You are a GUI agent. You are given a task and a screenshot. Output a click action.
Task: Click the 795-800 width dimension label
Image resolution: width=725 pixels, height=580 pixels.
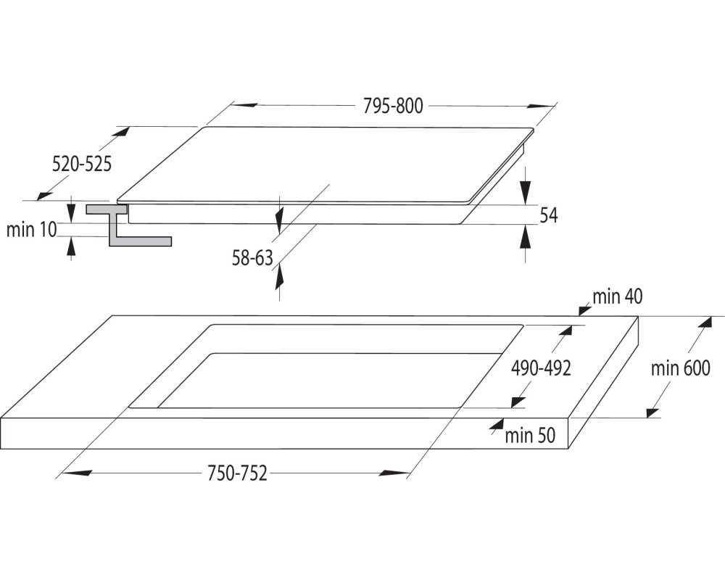click(x=393, y=106)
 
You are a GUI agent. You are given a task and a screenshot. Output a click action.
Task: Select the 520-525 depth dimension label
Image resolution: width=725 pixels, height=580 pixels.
click(x=82, y=164)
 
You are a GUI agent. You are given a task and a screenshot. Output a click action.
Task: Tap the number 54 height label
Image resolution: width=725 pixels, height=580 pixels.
click(x=549, y=215)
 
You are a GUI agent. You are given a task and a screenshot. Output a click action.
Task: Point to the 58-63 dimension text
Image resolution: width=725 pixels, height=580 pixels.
click(x=252, y=258)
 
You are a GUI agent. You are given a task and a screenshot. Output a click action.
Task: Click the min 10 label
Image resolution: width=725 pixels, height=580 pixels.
click(x=31, y=229)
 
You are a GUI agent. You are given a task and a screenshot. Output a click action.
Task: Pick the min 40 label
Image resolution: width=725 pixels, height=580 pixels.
click(x=618, y=297)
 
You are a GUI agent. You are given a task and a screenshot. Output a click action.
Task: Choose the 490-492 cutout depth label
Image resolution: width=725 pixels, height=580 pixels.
click(x=541, y=368)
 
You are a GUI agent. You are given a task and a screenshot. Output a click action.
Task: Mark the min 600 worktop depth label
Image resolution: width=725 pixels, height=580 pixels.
click(x=680, y=368)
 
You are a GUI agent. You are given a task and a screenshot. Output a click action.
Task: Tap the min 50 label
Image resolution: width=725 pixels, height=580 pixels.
click(x=530, y=435)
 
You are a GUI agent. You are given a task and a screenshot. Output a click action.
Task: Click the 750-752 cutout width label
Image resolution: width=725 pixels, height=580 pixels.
click(x=237, y=473)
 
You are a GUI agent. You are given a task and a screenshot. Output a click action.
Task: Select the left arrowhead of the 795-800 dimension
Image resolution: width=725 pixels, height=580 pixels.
click(x=244, y=105)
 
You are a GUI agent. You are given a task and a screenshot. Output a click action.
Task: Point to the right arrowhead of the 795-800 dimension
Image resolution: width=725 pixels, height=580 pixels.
click(x=539, y=107)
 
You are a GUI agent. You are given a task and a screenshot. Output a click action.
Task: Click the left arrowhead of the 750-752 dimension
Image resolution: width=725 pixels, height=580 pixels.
click(x=75, y=473)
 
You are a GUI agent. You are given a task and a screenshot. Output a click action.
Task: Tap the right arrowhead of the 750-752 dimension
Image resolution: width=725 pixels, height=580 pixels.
click(x=394, y=473)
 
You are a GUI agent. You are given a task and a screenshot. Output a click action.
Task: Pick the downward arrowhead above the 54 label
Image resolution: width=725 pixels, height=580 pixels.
click(x=525, y=191)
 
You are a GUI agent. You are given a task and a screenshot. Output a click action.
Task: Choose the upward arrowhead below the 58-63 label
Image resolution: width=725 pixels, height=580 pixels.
click(x=279, y=278)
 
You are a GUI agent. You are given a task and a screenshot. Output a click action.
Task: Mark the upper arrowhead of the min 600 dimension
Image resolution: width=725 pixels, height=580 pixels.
click(x=705, y=323)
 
